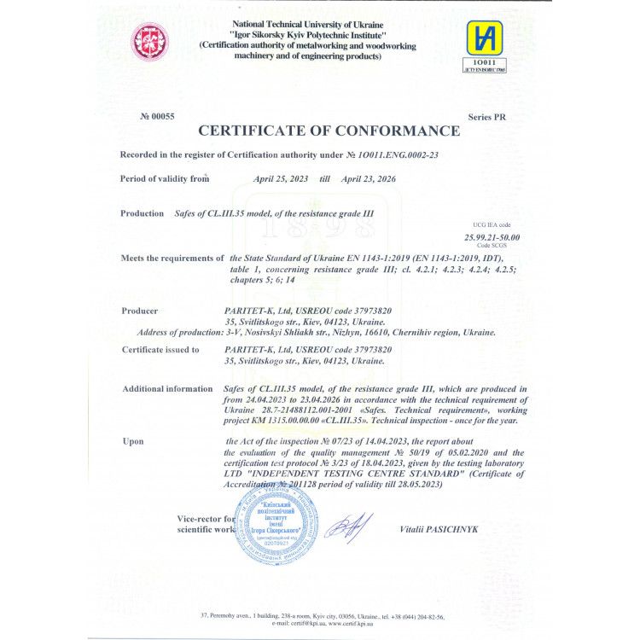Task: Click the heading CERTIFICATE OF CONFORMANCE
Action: pos(329,131)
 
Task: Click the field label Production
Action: pos(142,213)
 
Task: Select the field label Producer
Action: pos(140,311)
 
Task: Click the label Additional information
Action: pos(167,389)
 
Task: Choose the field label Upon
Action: pos(133,441)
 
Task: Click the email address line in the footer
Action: pos(320,622)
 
